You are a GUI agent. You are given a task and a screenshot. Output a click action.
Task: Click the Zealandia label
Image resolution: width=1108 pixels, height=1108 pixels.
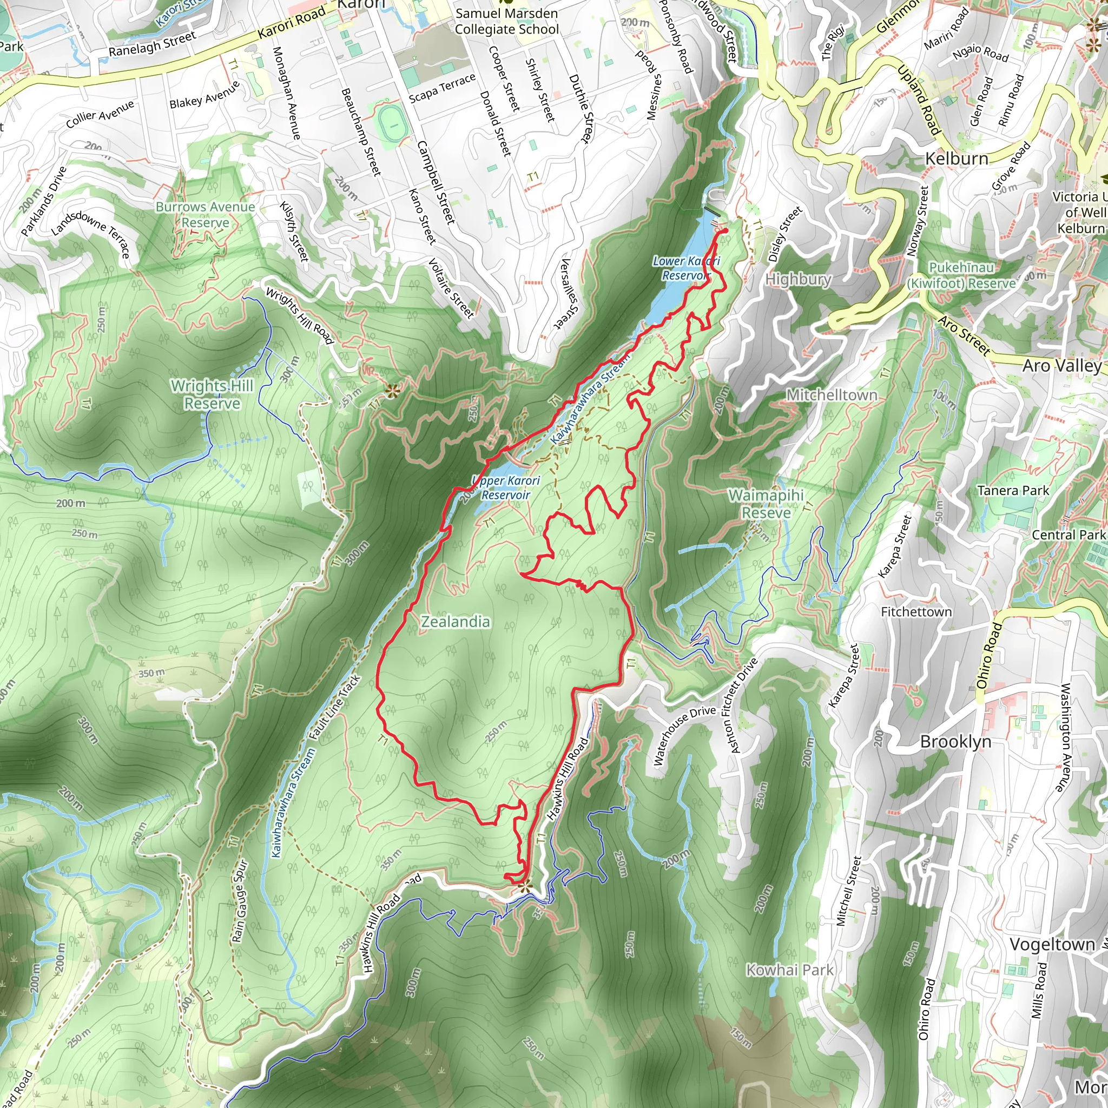456,622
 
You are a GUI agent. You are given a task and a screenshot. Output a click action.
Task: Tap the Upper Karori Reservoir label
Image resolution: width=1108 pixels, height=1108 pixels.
506,487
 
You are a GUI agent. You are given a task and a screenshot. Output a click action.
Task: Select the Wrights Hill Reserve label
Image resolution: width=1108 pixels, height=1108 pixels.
212,394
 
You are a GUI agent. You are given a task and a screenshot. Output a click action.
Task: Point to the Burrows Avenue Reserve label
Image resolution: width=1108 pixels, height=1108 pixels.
205,214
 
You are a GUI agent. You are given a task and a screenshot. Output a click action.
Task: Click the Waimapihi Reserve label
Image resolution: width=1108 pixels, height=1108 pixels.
766,504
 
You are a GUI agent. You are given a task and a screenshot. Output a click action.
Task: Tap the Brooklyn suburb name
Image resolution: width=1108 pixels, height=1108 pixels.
955,742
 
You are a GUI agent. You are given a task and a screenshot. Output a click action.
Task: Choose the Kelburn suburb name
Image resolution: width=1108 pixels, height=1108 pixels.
957,159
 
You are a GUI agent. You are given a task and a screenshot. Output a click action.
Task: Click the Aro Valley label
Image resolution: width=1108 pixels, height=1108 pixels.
1061,365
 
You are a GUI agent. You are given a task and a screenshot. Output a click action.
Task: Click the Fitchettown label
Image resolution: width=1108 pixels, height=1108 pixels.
916,612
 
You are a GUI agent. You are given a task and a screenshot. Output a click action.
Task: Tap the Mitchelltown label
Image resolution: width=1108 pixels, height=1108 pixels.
831,394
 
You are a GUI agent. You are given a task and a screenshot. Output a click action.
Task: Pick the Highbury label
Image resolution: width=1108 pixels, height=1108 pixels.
799,279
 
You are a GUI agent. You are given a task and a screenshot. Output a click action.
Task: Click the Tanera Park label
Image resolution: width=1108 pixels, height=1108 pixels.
1013,490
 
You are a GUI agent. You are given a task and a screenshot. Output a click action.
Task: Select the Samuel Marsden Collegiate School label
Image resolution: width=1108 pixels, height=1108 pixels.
506,21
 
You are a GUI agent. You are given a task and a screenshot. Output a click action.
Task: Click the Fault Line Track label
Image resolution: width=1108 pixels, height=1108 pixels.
334,708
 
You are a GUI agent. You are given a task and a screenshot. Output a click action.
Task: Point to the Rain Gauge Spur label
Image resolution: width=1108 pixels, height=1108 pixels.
240,901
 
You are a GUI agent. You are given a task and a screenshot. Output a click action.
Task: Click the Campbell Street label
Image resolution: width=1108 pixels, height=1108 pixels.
436,182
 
